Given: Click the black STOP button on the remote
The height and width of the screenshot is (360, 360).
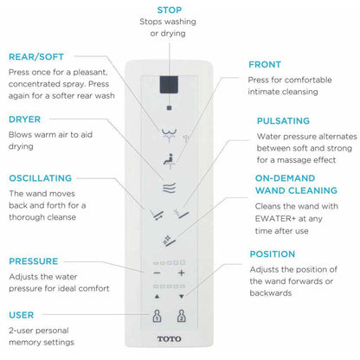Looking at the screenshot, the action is [x=169, y=85].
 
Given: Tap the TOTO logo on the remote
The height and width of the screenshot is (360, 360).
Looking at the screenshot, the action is [x=169, y=338].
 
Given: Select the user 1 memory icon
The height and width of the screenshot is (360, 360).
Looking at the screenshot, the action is [x=157, y=316].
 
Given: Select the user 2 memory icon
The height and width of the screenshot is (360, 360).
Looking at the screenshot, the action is [x=181, y=316].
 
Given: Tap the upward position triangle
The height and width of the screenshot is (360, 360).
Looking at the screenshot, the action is [x=157, y=296].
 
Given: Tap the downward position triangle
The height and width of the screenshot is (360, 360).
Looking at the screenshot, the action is [x=182, y=296].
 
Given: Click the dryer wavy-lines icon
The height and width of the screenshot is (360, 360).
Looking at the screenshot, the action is [x=169, y=188].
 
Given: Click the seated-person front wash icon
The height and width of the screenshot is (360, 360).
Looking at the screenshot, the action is [x=169, y=161].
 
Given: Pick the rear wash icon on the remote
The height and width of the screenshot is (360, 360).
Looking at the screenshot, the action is [x=169, y=135].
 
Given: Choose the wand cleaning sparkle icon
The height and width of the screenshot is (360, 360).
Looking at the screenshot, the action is [x=169, y=241].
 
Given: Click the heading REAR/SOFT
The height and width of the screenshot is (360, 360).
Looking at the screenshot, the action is [x=36, y=57].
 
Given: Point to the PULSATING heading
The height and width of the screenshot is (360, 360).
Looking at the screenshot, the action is [x=283, y=121].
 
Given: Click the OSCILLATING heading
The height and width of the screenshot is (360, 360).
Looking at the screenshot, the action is [x=40, y=178].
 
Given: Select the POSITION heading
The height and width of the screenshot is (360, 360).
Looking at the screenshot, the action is [x=273, y=254].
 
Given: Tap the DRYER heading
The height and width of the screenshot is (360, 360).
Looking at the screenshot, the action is [x=24, y=119].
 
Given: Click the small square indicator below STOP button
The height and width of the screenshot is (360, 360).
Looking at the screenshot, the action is [x=169, y=108].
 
